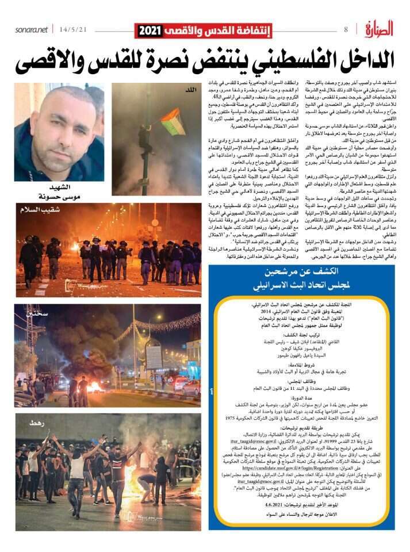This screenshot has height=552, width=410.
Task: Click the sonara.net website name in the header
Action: click(32, 29)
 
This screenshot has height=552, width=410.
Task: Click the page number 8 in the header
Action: click(346, 29)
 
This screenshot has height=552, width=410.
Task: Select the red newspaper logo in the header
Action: click(378, 28)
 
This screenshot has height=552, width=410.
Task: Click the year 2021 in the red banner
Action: click(150, 30)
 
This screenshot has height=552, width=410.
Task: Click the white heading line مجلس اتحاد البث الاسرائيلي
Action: click(306, 285)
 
